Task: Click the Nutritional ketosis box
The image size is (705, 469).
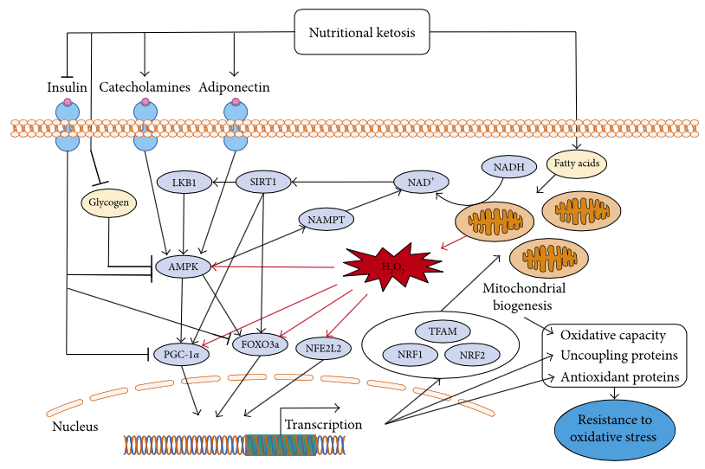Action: pyautogui.click(x=363, y=33)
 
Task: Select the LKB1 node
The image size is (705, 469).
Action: pyautogui.click(x=184, y=183)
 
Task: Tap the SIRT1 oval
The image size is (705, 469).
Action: pyautogui.click(x=262, y=183)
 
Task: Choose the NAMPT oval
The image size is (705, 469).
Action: pyautogui.click(x=325, y=220)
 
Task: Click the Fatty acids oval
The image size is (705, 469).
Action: pyautogui.click(x=577, y=161)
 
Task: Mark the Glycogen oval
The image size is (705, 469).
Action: pyautogui.click(x=109, y=202)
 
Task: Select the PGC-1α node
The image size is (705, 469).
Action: pyautogui.click(x=181, y=354)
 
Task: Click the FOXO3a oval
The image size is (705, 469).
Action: pyautogui.click(x=260, y=344)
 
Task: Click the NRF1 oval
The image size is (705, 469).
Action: pyautogui.click(x=403, y=354)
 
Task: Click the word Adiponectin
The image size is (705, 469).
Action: pyautogui.click(x=234, y=87)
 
